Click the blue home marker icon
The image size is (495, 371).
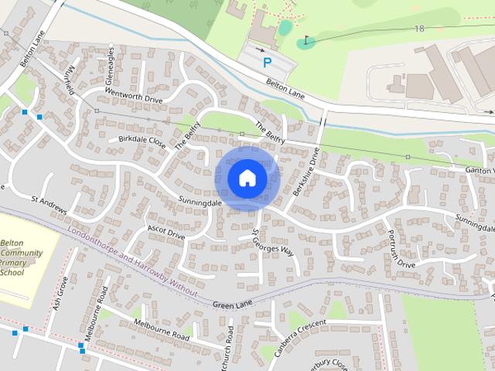click(247, 178)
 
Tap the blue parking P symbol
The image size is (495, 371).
click(268, 63)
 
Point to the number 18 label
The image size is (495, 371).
click(419, 29)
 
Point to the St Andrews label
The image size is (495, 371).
click(49, 205)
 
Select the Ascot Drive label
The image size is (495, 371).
click(166, 231)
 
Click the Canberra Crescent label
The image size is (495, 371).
click(296, 333)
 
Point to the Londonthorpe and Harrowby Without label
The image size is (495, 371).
click(132, 260)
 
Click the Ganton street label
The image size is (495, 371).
click(479, 169)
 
